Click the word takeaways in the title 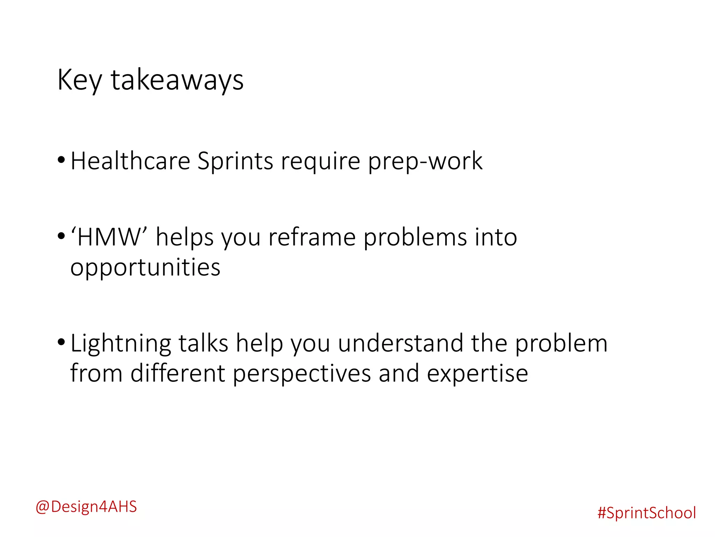pyautogui.click(x=177, y=80)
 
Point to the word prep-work pyautogui.click(x=425, y=162)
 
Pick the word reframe pyautogui.click(x=312, y=237)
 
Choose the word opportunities pyautogui.click(x=145, y=268)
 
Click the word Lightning pyautogui.click(x=120, y=344)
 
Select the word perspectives pyautogui.click(x=302, y=374)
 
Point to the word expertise pyautogui.click(x=477, y=374)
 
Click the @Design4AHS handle pyautogui.click(x=86, y=507)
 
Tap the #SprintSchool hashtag pyautogui.click(x=647, y=513)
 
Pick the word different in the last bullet pyautogui.click(x=177, y=373)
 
